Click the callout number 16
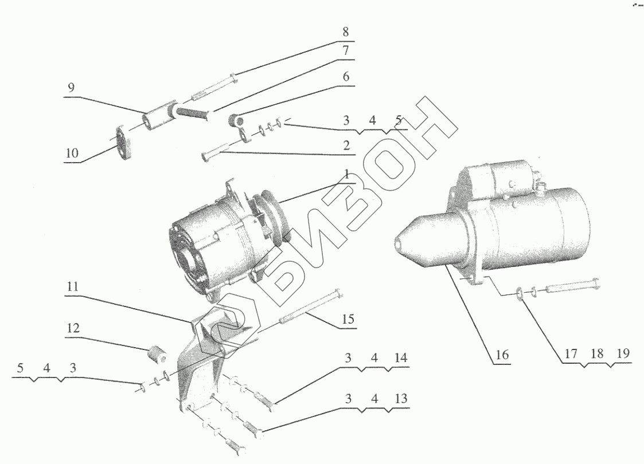pyautogui.click(x=502, y=355)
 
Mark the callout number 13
pyautogui.click(x=401, y=398)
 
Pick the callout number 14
pyautogui.click(x=401, y=358)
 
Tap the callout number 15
pyautogui.click(x=348, y=319)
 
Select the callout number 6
pyautogui.click(x=346, y=77)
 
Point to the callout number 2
pyautogui.click(x=346, y=146)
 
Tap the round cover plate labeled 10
pyautogui.click(x=123, y=143)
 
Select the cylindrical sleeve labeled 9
pyautogui.click(x=159, y=116)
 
